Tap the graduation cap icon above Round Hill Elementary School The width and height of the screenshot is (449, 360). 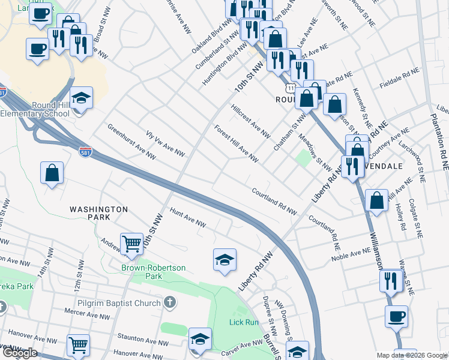[x=82, y=97]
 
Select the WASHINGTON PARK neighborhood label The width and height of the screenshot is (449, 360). [x=98, y=209]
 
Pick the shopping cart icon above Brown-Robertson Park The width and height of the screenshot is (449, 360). [x=131, y=244]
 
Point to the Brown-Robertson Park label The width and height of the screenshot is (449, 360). [x=154, y=272]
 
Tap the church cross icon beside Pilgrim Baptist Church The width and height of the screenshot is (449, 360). [x=170, y=303]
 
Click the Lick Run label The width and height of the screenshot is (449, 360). [x=244, y=322]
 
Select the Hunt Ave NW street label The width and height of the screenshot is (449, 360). [x=188, y=218]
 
